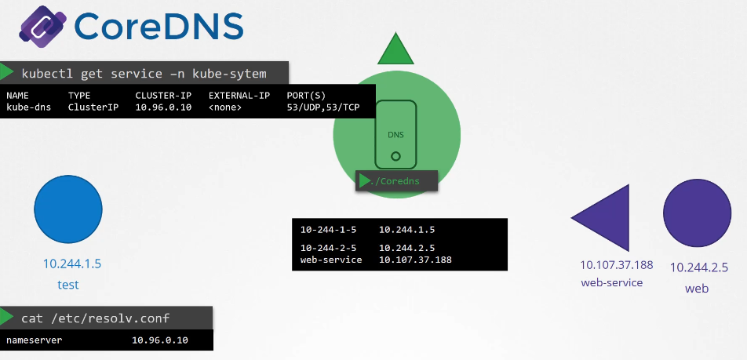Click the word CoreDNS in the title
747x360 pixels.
pyautogui.click(x=159, y=27)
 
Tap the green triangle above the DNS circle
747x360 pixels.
pyautogui.click(x=395, y=49)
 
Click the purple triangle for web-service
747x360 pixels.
pyautogui.click(x=605, y=218)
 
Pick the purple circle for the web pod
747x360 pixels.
pyautogui.click(x=697, y=213)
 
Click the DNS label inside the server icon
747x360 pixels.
pyautogui.click(x=396, y=135)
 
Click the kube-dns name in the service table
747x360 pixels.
pyautogui.click(x=28, y=107)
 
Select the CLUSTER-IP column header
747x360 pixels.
pyautogui.click(x=163, y=96)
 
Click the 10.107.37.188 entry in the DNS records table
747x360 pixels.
pyautogui.click(x=415, y=260)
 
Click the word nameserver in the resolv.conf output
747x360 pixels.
pyautogui.click(x=34, y=340)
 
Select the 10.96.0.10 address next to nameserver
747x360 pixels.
pyautogui.click(x=160, y=340)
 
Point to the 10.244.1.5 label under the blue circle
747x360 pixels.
pyautogui.click(x=71, y=264)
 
